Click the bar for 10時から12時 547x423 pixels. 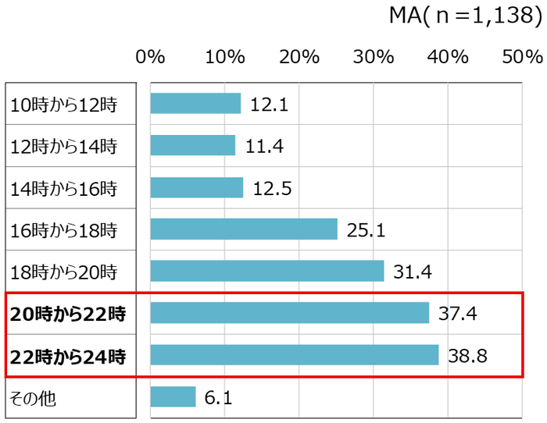(195, 103)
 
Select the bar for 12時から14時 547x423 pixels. (193, 145)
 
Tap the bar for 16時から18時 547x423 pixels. (244, 229)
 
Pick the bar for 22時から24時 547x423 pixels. (294, 355)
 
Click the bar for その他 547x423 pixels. (173, 397)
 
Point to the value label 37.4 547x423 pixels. (458, 313)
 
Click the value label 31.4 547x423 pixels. (413, 271)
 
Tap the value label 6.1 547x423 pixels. (219, 397)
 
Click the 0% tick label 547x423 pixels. (150, 56)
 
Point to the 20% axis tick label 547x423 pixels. (299, 56)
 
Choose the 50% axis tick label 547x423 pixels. (522, 56)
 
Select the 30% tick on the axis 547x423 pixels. (374, 56)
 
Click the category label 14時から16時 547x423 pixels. (63, 188)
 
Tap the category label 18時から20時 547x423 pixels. (63, 272)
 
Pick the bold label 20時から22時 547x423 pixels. (67, 315)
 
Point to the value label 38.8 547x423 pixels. (467, 355)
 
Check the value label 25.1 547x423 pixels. (366, 229)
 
